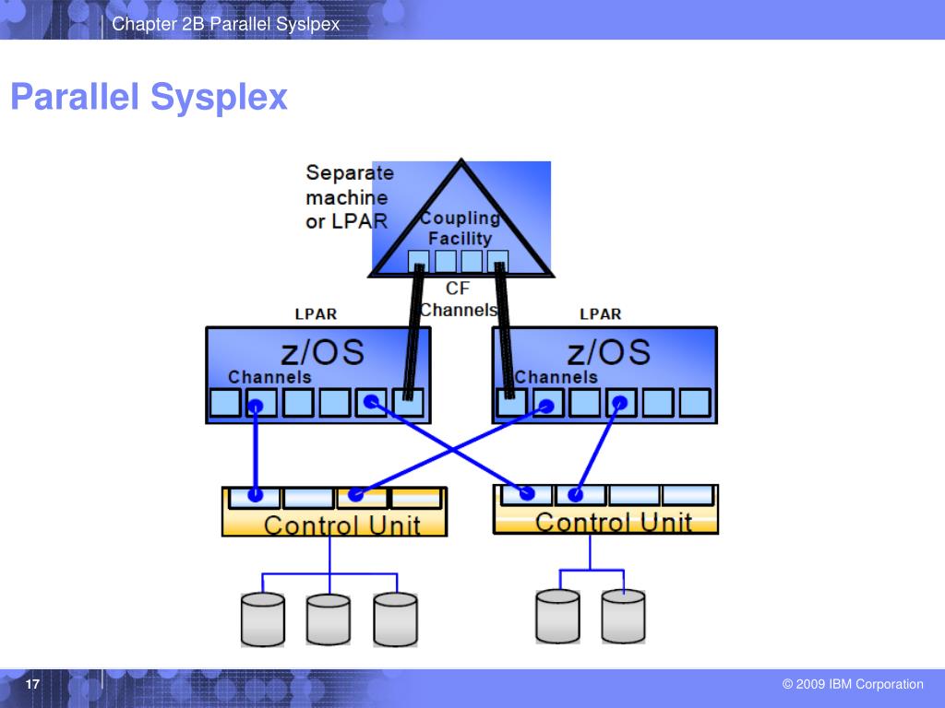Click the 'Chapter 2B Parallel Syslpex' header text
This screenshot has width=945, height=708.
coord(226,23)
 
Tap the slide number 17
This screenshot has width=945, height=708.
coord(32,685)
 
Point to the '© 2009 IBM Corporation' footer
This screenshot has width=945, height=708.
coord(852,684)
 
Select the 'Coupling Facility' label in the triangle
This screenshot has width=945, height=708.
coord(460,228)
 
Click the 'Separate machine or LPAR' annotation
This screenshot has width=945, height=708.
coord(348,196)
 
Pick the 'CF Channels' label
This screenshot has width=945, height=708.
coord(458,300)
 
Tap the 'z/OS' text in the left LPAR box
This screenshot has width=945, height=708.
coord(321,351)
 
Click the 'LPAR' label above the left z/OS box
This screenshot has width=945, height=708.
coord(316,313)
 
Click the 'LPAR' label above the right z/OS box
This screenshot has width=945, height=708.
coord(600,313)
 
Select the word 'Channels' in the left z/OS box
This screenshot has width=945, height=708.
coord(269,377)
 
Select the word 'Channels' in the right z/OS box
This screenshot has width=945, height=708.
coord(556,377)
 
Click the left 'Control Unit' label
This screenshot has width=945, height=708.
coord(341,526)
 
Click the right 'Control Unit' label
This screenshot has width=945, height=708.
coord(613,523)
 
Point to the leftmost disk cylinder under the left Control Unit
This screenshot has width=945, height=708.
coord(262,619)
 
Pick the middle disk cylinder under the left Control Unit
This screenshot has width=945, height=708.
coord(329,619)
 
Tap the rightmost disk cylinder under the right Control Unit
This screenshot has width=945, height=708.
coord(623,616)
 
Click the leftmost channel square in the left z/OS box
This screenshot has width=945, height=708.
coord(224,403)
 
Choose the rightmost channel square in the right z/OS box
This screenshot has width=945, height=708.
coord(694,403)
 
